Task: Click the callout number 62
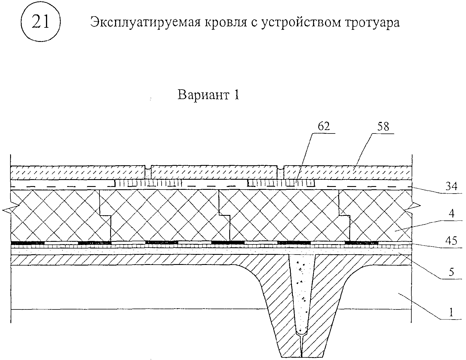tap(323, 126)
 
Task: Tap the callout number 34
tap(451, 187)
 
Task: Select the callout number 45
tap(451, 240)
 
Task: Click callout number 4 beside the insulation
tap(451, 214)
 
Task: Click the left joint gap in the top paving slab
tap(148, 172)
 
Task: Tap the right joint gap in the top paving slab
tap(280, 172)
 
